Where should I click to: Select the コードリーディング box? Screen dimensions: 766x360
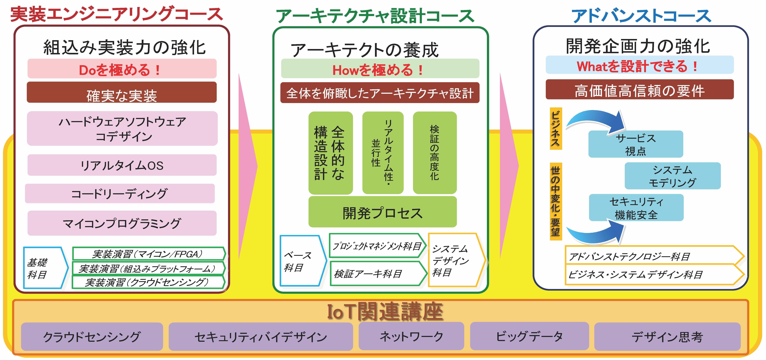point(120,193)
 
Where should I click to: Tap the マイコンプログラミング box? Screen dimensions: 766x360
point(122,223)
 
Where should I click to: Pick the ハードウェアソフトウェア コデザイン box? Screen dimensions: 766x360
point(122,129)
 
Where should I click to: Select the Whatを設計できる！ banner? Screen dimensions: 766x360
point(640,65)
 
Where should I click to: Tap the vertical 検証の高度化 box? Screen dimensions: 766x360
point(435,153)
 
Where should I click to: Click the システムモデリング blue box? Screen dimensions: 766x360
point(673,176)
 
